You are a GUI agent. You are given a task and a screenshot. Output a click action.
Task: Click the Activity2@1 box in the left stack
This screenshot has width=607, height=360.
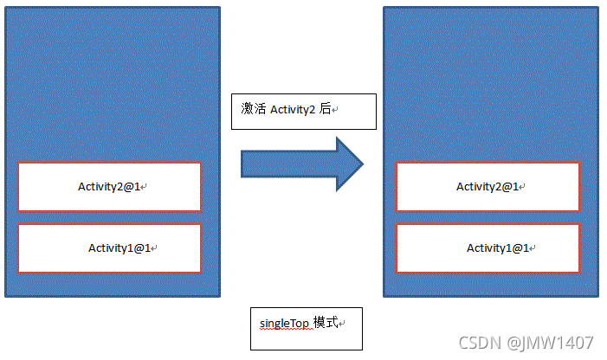(109, 186)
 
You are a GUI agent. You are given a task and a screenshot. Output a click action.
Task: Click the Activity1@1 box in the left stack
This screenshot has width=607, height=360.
(109, 248)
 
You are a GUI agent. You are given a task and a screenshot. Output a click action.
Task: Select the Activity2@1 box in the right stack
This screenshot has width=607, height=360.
(487, 186)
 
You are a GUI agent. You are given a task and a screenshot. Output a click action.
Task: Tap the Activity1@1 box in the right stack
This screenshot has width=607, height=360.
(487, 248)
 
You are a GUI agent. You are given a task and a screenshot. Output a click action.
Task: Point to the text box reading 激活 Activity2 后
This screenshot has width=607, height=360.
(303, 111)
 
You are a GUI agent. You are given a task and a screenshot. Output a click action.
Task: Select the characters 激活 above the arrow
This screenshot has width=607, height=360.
(254, 110)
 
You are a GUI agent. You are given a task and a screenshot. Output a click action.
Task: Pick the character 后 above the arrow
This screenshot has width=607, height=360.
(326, 110)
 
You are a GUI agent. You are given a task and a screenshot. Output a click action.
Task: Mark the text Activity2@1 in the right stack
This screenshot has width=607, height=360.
(487, 186)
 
